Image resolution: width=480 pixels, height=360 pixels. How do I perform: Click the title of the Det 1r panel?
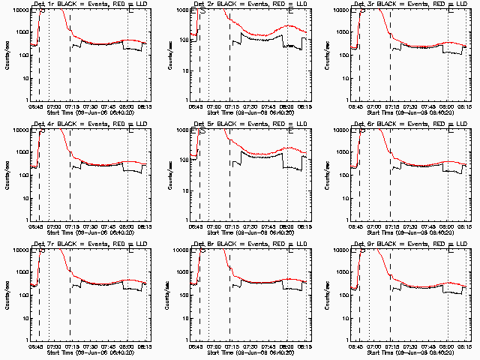tap(89, 4)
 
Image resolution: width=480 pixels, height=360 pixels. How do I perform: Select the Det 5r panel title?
tap(250, 124)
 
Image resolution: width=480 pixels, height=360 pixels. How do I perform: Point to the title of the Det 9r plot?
tap(410, 244)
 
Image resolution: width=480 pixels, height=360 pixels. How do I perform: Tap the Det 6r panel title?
tap(410, 124)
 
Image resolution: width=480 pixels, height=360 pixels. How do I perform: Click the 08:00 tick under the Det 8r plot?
tap(288, 346)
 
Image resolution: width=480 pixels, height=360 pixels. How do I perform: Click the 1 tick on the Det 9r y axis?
tap(350, 340)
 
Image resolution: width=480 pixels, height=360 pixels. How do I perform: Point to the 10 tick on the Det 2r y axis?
tap(187, 77)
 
